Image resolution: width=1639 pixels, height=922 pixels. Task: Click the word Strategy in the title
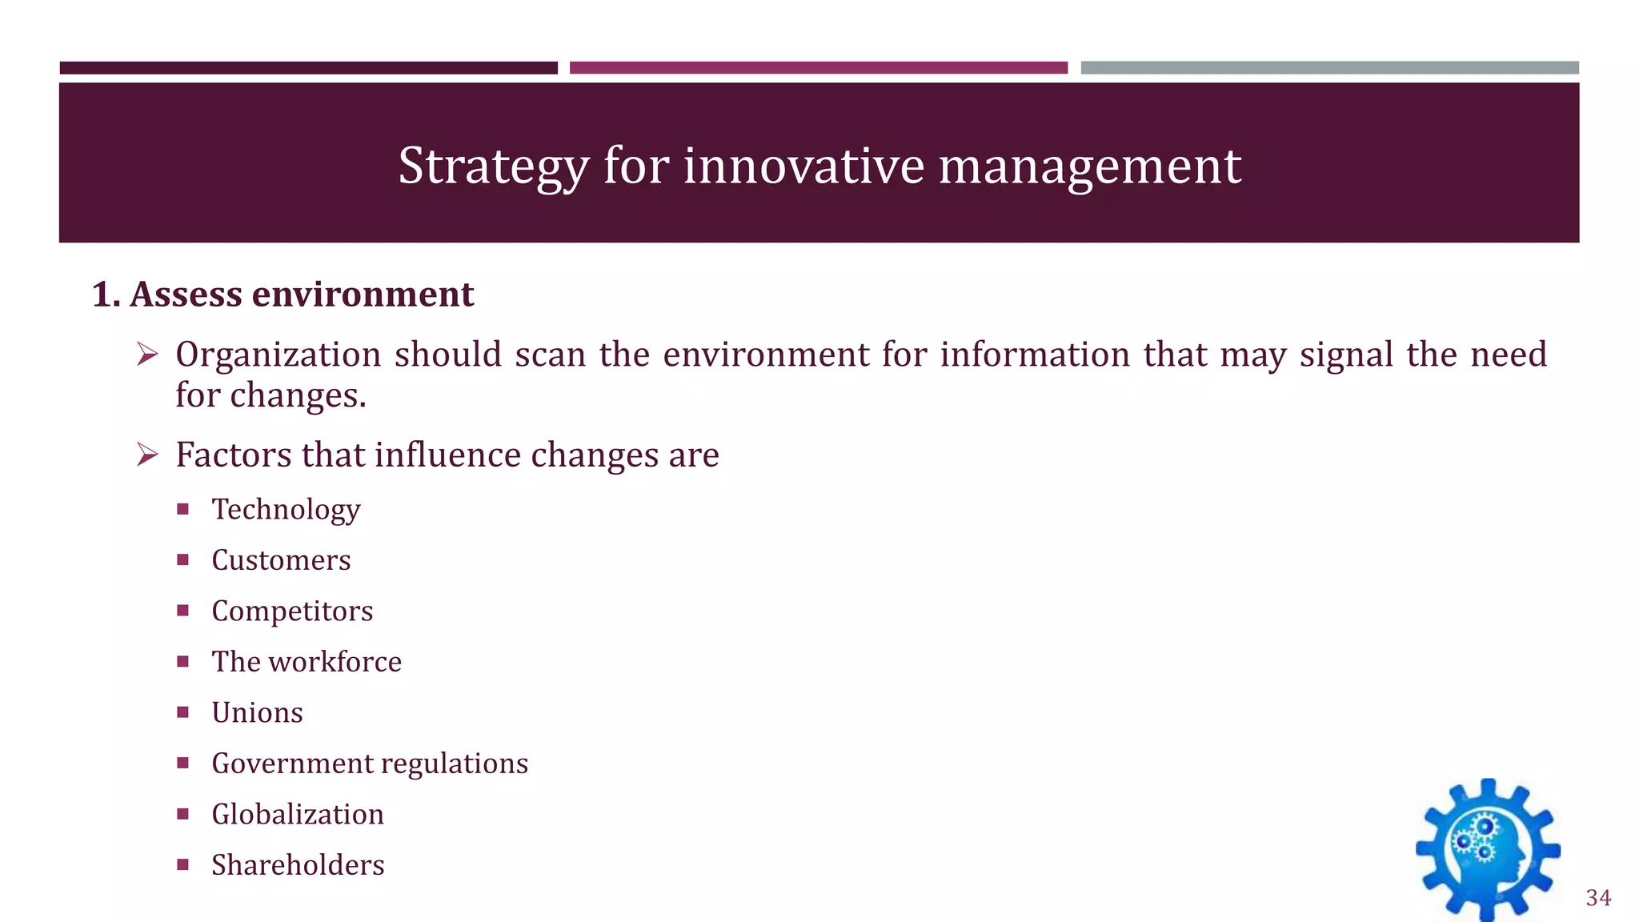click(x=493, y=166)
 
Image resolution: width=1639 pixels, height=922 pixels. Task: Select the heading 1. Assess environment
click(x=283, y=295)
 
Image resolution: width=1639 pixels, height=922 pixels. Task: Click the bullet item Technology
click(x=286, y=510)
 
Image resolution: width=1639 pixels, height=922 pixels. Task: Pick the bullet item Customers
click(x=281, y=560)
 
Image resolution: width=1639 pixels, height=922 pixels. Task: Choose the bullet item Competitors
click(x=292, y=611)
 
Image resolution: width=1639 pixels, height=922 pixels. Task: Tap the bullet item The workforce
click(x=307, y=662)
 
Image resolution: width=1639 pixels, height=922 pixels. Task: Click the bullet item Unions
click(x=257, y=713)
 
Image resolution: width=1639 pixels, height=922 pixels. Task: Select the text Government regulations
click(x=370, y=764)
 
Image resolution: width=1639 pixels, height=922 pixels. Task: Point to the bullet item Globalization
click(x=298, y=815)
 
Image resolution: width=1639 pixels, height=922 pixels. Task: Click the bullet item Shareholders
click(x=298, y=865)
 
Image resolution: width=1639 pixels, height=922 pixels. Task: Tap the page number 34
click(x=1598, y=898)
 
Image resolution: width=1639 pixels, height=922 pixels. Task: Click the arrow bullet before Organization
click(x=147, y=354)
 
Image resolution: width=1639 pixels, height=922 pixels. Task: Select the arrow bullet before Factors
click(x=147, y=455)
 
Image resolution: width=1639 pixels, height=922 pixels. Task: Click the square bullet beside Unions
click(x=183, y=712)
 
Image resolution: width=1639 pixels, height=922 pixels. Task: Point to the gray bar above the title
click(x=1329, y=68)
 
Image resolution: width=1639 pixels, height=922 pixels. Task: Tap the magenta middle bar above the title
click(x=818, y=68)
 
